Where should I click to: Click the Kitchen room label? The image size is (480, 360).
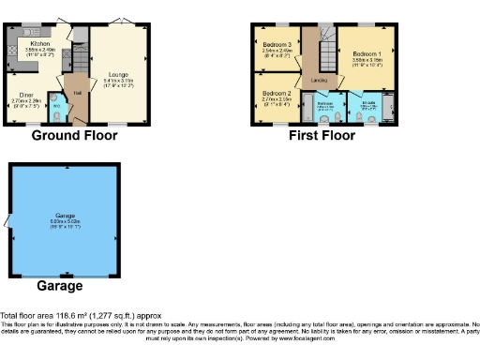click(39, 44)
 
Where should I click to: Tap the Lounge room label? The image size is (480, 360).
click(118, 73)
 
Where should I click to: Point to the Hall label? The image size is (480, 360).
click(77, 93)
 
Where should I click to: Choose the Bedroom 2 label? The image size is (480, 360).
click(277, 94)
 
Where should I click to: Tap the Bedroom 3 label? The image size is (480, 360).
click(277, 44)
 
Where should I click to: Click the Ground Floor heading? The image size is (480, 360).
click(75, 136)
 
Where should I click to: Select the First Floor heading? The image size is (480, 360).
click(322, 136)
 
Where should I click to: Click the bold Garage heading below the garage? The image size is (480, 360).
click(59, 285)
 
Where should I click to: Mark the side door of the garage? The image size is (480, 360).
click(9, 222)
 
